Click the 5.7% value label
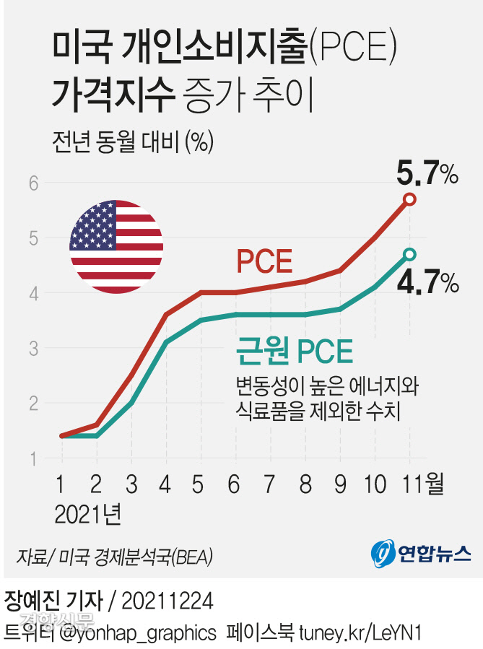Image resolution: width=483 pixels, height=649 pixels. click(x=427, y=174)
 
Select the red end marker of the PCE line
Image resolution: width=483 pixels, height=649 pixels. click(x=409, y=199)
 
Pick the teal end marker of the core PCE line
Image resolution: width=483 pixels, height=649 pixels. click(x=409, y=254)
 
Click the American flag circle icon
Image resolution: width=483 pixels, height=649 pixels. click(x=116, y=247)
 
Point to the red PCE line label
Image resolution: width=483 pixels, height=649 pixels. click(x=265, y=261)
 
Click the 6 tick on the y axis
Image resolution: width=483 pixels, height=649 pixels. click(x=33, y=183)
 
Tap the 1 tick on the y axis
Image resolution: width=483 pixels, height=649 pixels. click(x=33, y=458)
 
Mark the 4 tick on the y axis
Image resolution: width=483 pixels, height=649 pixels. click(x=33, y=293)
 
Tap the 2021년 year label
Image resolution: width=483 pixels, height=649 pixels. click(x=87, y=514)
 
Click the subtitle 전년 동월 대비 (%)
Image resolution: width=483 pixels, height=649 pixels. click(x=132, y=141)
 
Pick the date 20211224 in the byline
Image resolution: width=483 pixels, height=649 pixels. click(x=167, y=601)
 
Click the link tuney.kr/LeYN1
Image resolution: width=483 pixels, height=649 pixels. click(x=357, y=632)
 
